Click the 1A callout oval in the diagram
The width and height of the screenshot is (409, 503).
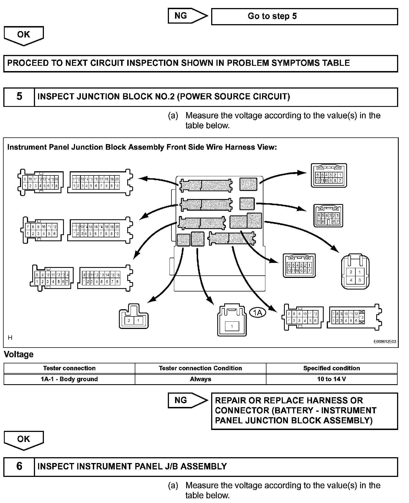pos(258,313)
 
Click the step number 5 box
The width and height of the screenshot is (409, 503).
pos(19,97)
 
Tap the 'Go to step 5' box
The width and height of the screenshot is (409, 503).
pos(304,16)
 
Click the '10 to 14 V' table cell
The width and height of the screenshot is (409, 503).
pos(331,379)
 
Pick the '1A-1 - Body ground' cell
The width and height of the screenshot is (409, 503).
pos(69,379)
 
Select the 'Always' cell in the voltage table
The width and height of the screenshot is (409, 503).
pos(200,379)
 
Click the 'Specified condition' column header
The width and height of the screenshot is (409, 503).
pos(331,368)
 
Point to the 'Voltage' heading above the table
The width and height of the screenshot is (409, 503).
pos(19,354)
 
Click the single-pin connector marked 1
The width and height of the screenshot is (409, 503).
pos(232,322)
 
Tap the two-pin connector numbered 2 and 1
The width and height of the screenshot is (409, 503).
pos(134,318)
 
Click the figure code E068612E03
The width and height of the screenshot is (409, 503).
pos(385,342)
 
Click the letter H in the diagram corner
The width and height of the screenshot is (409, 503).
pos(10,338)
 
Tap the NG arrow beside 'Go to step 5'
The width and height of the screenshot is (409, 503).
pos(187,16)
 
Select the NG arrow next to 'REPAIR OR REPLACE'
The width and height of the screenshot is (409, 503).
pos(187,400)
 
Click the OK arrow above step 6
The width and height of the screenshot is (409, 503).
pos(24,440)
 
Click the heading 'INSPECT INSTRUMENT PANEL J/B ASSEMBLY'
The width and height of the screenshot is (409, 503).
pos(132,466)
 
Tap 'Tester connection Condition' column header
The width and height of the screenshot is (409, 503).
pos(200,368)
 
